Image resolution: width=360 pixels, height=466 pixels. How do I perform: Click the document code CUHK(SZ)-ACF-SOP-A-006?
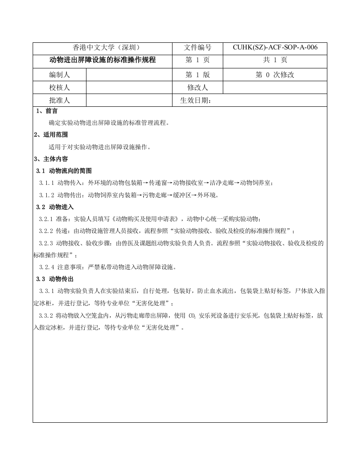[x=275, y=48]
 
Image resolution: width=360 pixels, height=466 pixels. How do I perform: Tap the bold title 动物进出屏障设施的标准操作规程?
[x=102, y=60]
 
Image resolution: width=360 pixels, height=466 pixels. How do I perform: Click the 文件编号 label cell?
[x=198, y=48]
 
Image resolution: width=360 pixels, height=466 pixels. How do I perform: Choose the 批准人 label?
[x=59, y=101]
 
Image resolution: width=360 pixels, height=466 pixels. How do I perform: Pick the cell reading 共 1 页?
[x=275, y=60]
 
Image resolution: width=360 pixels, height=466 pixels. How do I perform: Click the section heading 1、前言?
[x=47, y=111]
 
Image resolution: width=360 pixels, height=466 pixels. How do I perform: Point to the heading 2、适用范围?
[x=51, y=135]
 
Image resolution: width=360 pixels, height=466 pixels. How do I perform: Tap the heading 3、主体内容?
[x=51, y=159]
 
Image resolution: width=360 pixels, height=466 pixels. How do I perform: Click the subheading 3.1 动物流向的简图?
[x=64, y=171]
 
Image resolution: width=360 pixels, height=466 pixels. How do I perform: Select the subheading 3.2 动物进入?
[x=55, y=207]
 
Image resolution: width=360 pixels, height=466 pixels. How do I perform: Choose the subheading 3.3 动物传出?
[x=55, y=279]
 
